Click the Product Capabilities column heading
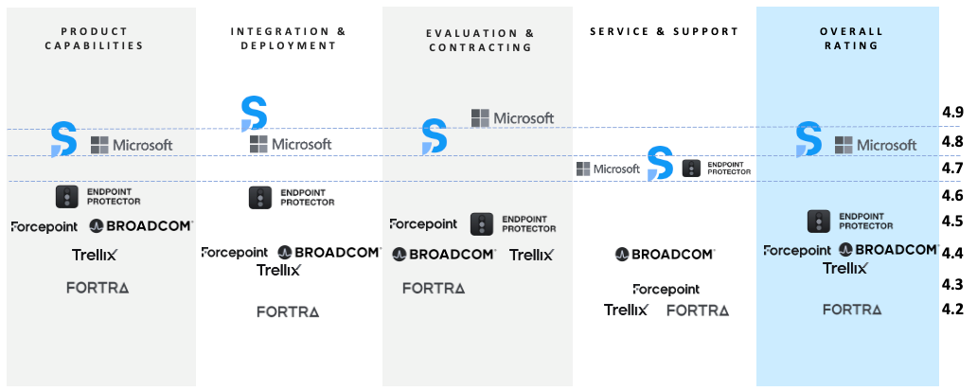(x=94, y=38)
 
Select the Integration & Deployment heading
(x=288, y=38)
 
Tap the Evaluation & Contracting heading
(x=480, y=40)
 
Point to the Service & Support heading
(x=665, y=31)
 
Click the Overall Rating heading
(x=851, y=38)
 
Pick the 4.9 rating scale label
(x=952, y=112)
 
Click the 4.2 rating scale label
(x=952, y=310)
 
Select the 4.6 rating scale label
(x=952, y=195)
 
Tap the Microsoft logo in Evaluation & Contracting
(x=512, y=117)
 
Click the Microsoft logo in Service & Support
(x=608, y=169)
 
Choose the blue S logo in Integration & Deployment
(x=255, y=114)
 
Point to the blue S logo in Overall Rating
(x=808, y=139)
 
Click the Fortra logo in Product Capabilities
(x=98, y=288)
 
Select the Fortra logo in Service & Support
(x=697, y=311)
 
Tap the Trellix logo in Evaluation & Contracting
(x=531, y=255)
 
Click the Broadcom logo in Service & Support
(x=665, y=254)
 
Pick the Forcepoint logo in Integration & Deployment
(x=234, y=252)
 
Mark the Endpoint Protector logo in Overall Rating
(x=850, y=222)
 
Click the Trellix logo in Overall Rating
(x=844, y=268)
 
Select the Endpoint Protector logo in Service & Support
(x=717, y=169)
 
